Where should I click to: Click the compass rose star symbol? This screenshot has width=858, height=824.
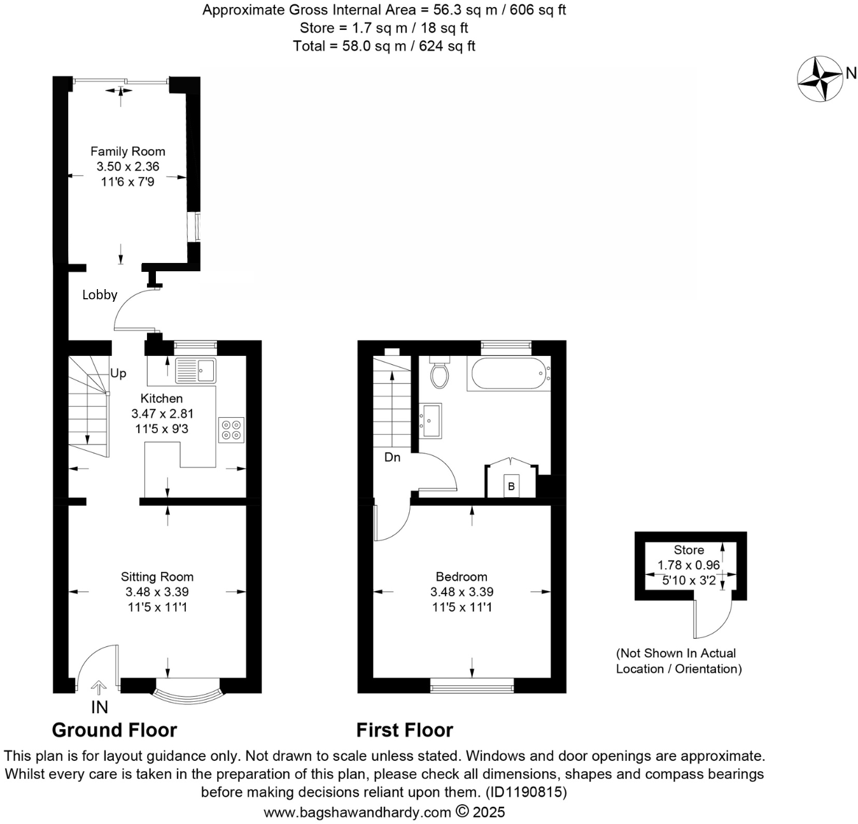pos(820,78)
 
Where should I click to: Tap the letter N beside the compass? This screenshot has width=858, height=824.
pos(851,73)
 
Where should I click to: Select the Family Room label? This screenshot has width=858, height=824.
pos(127,152)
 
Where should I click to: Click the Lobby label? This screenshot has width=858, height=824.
pos(100,295)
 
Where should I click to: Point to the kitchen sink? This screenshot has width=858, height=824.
pos(196,370)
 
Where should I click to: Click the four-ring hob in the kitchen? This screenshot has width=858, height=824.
pos(231,429)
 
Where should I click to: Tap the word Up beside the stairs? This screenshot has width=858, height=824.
pos(118,374)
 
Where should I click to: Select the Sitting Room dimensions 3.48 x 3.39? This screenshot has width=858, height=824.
pos(157,592)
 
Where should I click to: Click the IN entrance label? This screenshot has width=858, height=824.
pos(99,707)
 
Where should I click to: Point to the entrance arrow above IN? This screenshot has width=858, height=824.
pos(99,687)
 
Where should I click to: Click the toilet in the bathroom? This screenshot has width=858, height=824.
pos(440,373)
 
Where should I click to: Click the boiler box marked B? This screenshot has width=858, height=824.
pos(510,487)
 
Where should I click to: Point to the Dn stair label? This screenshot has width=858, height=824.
pos(393,457)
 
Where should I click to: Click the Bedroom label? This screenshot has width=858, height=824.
pos(461,577)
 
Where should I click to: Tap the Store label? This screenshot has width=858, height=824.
pos(689,550)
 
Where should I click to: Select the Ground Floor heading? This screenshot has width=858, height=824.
pos(115,730)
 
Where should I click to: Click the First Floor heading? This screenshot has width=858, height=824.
pos(405,730)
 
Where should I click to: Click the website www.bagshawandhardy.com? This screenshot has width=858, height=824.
pos(357,813)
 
